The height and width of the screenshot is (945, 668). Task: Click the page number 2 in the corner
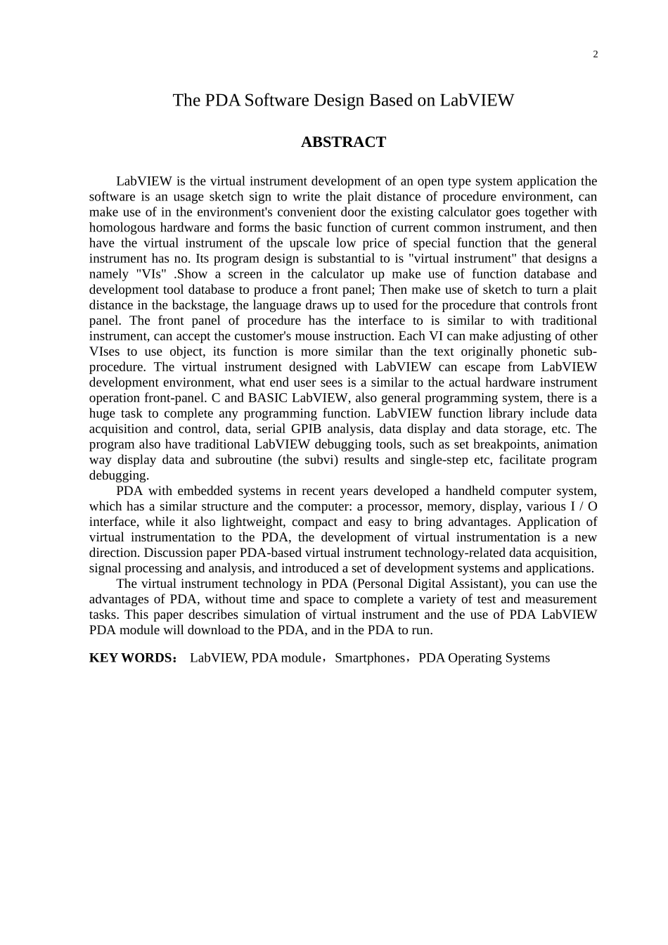596,55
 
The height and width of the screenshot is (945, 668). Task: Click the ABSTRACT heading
343,142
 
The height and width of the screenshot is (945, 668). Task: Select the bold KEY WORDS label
131,658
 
